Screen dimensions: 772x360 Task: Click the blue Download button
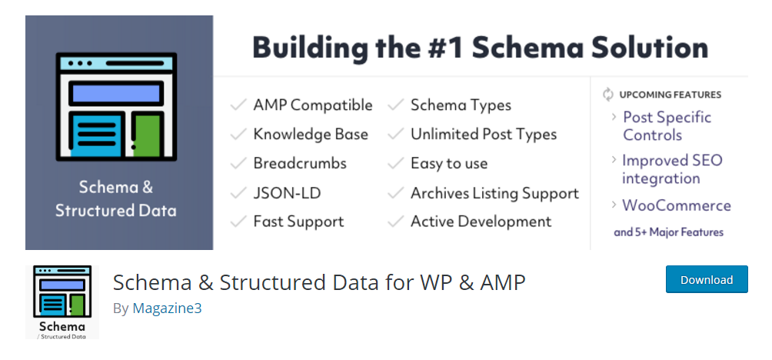click(x=707, y=279)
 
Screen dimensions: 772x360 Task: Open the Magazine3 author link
click(x=167, y=308)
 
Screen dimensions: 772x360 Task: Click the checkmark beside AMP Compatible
click(x=238, y=105)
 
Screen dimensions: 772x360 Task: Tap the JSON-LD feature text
click(x=287, y=193)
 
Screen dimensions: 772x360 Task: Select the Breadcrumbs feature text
click(x=300, y=164)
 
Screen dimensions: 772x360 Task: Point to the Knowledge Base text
click(x=311, y=135)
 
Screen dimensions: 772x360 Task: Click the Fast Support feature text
click(x=298, y=222)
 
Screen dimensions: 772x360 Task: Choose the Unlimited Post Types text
click(x=484, y=135)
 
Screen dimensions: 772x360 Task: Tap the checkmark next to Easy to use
click(x=396, y=164)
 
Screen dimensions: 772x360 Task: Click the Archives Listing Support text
click(x=495, y=193)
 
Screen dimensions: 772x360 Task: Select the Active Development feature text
click(x=481, y=222)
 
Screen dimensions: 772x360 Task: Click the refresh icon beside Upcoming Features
click(x=608, y=94)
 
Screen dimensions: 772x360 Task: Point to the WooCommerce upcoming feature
click(x=677, y=205)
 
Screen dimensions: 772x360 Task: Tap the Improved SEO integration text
click(x=672, y=169)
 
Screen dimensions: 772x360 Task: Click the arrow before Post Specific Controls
click(x=614, y=117)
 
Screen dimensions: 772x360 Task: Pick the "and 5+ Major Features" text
click(x=669, y=232)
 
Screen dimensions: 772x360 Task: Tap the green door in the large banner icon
click(x=146, y=135)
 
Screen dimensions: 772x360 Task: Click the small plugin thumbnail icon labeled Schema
click(x=62, y=302)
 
